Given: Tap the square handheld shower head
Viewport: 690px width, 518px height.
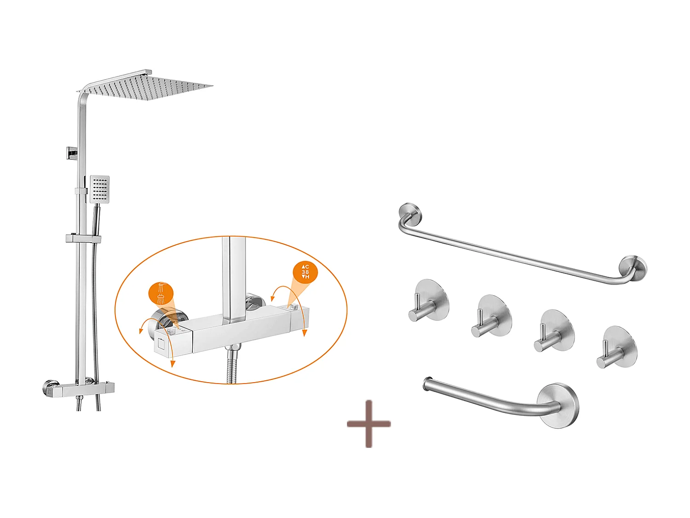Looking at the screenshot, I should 100,188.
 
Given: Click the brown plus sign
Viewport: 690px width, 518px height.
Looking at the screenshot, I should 368,424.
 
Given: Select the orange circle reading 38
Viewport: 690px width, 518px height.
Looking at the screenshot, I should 305,272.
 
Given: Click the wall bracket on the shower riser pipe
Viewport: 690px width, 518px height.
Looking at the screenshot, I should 71,153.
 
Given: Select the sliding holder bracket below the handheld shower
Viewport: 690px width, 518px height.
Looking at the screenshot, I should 83,239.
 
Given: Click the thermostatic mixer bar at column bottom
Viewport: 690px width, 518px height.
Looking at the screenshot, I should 80,389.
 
